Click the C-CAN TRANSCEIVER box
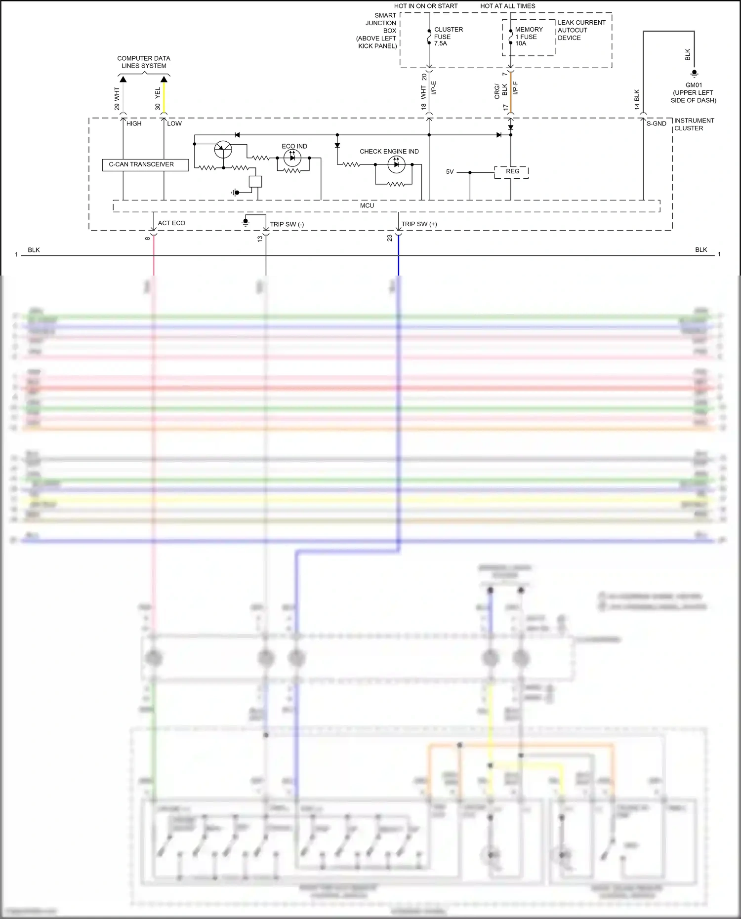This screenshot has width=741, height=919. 145,164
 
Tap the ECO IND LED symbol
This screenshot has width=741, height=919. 292,158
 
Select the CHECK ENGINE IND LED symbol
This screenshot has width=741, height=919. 396,164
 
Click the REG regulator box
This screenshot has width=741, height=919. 512,172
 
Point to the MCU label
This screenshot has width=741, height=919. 367,206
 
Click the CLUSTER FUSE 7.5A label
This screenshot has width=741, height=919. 448,37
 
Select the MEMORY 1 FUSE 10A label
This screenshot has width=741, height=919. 528,37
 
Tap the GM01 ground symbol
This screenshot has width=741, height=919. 694,74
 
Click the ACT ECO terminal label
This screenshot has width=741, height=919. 171,223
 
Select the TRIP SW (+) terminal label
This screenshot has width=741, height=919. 419,224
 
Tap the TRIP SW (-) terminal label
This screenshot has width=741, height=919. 287,225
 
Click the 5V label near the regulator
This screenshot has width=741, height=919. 450,172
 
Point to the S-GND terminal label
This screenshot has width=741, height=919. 656,124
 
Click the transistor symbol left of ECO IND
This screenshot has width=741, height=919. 223,149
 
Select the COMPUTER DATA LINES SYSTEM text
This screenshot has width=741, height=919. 144,62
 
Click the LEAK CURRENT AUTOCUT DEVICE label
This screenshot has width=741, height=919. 581,30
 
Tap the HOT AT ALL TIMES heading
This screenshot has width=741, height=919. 507,6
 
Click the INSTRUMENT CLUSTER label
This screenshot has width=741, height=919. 694,124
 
